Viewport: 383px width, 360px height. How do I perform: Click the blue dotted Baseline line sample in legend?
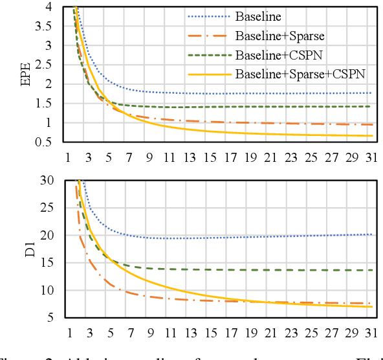click(209, 16)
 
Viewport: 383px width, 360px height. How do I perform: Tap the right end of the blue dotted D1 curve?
click(371, 234)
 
